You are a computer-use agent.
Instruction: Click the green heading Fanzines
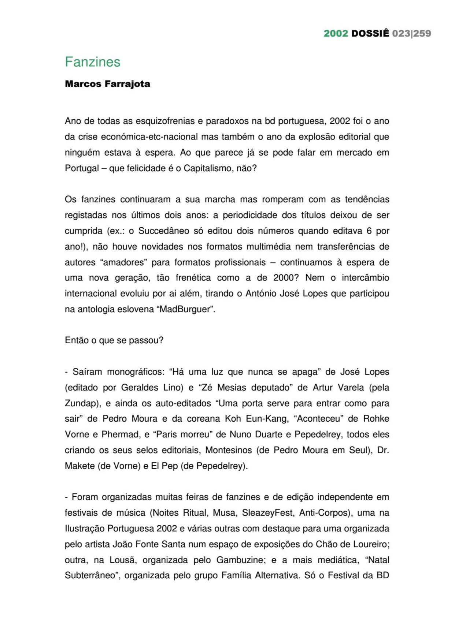click(93, 62)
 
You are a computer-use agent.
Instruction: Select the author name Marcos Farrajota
click(107, 84)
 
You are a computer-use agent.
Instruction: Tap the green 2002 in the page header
click(336, 33)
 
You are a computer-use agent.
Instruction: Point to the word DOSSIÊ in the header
click(370, 33)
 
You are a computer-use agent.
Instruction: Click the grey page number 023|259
click(411, 33)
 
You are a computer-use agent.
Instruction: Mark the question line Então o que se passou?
click(114, 340)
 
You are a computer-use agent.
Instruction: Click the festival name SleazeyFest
click(267, 513)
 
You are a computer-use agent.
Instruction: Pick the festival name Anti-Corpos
click(323, 513)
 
